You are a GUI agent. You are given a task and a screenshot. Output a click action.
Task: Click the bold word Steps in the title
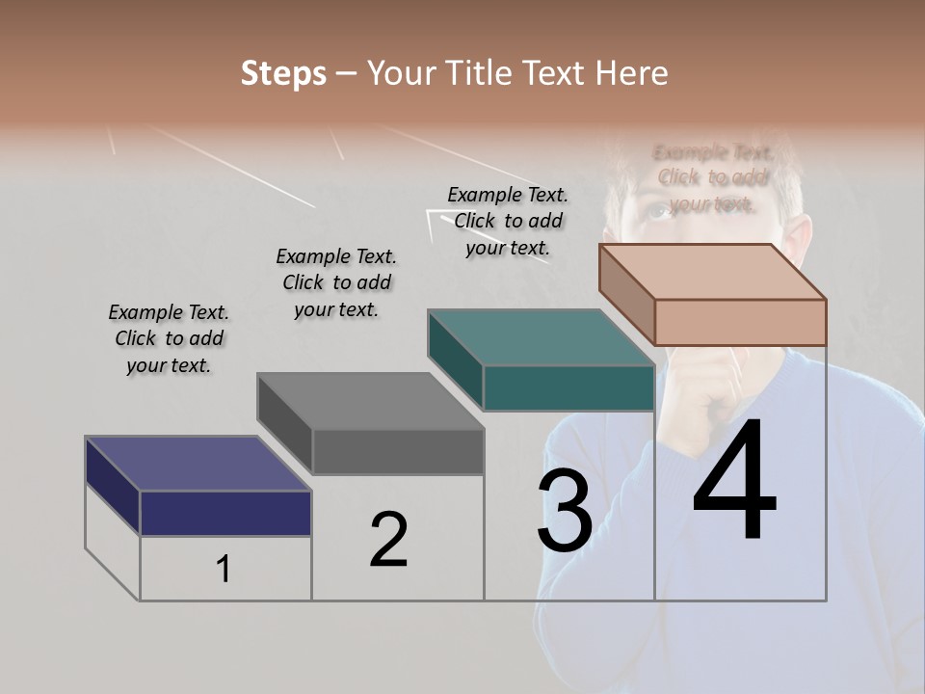click(x=283, y=73)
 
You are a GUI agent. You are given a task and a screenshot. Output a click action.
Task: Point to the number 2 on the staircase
click(x=389, y=540)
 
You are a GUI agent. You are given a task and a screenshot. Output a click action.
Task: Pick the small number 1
click(x=224, y=570)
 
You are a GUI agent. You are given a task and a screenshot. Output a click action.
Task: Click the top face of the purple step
click(x=198, y=464)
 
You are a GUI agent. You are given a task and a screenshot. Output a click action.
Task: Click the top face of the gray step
click(x=370, y=401)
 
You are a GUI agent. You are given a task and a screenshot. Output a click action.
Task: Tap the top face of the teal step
click(x=541, y=337)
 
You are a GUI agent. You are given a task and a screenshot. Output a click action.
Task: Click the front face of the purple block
click(x=225, y=513)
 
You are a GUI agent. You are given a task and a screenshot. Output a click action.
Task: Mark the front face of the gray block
click(x=398, y=451)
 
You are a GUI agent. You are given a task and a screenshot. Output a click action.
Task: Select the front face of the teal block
click(x=568, y=387)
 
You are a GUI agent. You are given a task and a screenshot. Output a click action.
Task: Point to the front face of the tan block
click(x=740, y=322)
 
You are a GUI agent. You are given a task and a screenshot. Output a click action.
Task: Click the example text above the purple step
click(x=169, y=338)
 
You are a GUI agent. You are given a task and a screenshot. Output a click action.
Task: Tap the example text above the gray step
click(x=336, y=282)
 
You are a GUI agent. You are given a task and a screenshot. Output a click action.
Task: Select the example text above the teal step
click(x=508, y=221)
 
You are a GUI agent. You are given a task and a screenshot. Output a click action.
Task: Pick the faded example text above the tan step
click(x=712, y=177)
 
